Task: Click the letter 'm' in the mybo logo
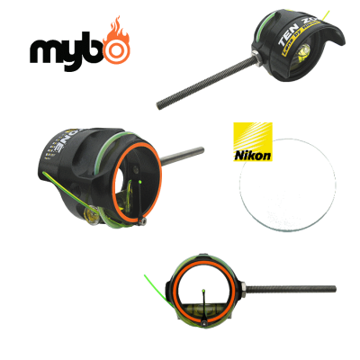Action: coord(45,52)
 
